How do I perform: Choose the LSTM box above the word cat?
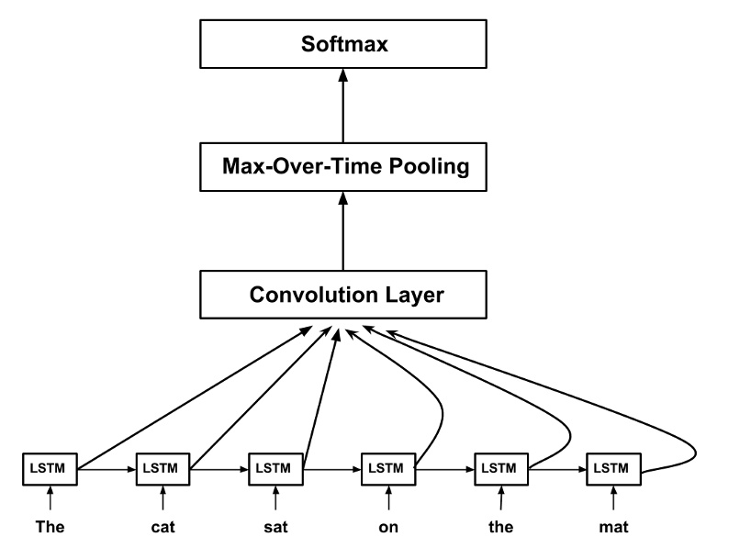point(163,468)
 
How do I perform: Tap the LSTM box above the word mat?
point(613,468)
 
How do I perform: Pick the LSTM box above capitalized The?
point(50,468)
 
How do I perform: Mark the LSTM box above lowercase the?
point(500,468)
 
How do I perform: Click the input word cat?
point(163,528)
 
